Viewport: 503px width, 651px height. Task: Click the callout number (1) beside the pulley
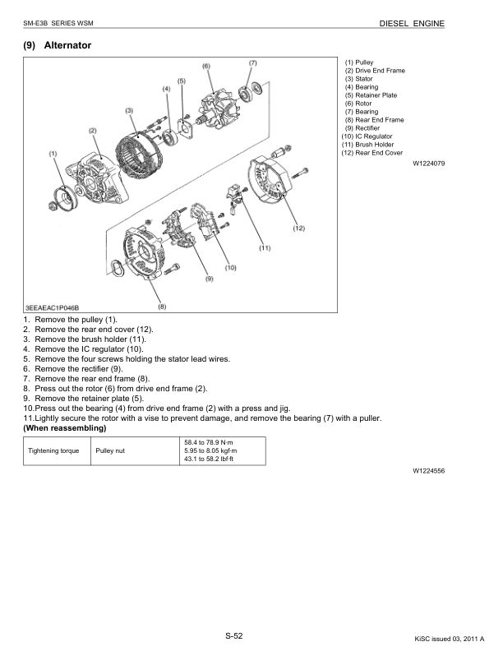pyautogui.click(x=53, y=154)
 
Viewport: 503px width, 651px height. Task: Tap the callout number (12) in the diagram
pyautogui.click(x=299, y=228)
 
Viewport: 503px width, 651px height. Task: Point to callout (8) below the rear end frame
pyautogui.click(x=162, y=307)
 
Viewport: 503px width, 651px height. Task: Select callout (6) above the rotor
pyautogui.click(x=205, y=65)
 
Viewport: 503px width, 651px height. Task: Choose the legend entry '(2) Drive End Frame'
pyautogui.click(x=375, y=71)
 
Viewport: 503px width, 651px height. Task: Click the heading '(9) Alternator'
pyautogui.click(x=57, y=45)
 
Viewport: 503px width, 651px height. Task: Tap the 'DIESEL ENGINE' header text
pyautogui.click(x=412, y=24)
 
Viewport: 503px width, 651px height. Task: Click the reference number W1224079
pyautogui.click(x=428, y=164)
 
